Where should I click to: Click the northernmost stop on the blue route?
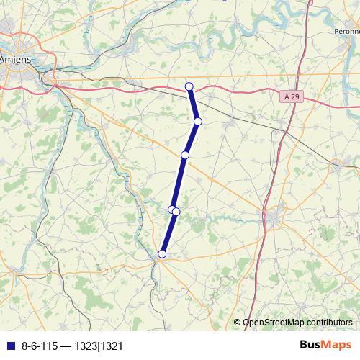tap(190, 87)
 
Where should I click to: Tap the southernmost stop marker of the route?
tap(162, 253)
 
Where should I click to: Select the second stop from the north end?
tap(197, 121)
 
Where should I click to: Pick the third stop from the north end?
tap(185, 155)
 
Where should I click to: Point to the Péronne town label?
tap(347, 32)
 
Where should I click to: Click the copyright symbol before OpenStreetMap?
tap(237, 323)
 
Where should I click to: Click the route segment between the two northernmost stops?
tap(194, 104)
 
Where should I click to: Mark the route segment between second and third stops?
tap(192, 138)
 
